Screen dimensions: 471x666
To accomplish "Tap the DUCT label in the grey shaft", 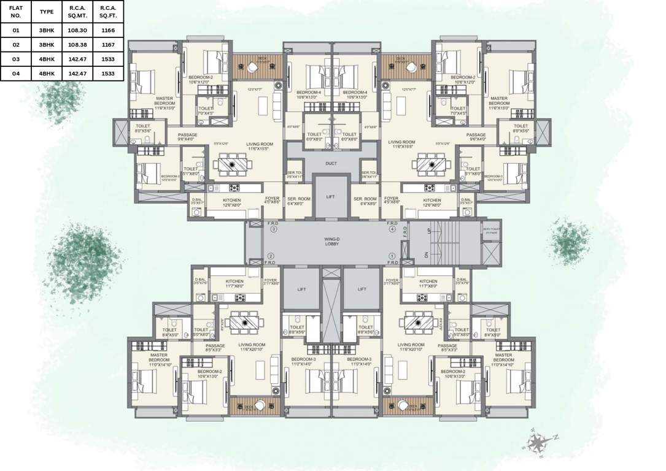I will tap(331, 164).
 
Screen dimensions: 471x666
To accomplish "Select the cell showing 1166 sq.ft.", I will tap(108, 29).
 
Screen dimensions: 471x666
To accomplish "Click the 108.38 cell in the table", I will tap(77, 44).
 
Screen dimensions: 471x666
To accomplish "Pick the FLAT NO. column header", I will tap(16, 11).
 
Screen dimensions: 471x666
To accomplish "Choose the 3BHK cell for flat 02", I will tap(47, 44).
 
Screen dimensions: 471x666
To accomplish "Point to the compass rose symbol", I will tap(536, 442).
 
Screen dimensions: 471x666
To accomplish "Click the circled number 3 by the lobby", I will tap(274, 229).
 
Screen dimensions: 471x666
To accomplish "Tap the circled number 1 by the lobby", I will tap(392, 256).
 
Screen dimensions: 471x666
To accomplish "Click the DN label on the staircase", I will tap(427, 255).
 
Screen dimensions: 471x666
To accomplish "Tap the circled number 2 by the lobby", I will tap(270, 256).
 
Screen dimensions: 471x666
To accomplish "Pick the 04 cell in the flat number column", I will tap(16, 74).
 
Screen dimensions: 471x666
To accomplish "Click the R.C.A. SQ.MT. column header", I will tap(77, 11).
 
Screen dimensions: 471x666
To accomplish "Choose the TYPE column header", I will tap(47, 11).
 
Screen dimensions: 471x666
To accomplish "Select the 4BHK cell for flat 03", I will tap(47, 59).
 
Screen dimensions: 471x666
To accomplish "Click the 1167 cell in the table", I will tap(108, 44).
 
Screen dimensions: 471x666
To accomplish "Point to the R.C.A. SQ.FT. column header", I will tap(108, 11).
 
